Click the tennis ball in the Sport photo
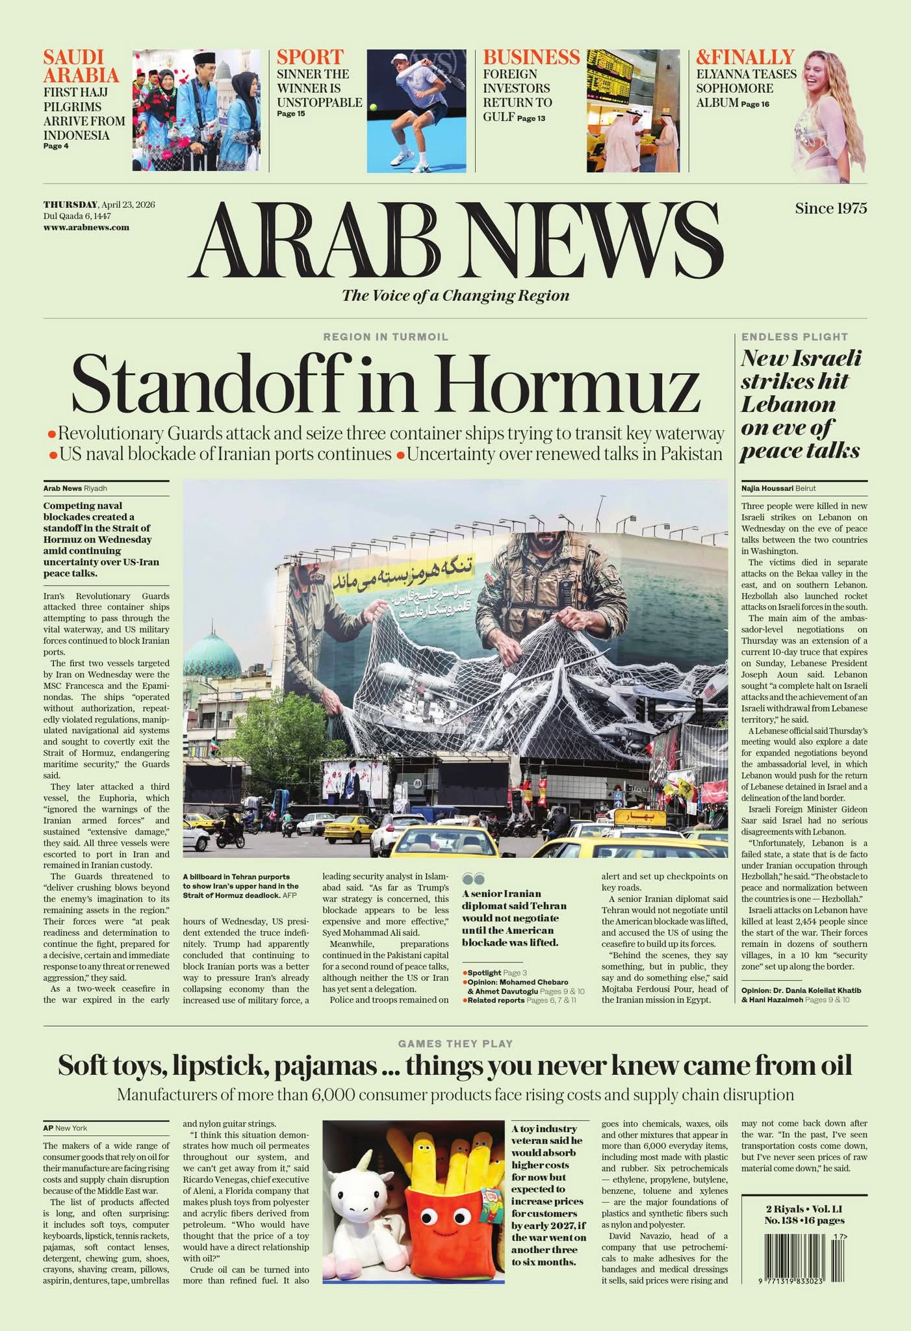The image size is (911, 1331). (x=374, y=108)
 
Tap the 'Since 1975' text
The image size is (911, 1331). (x=830, y=209)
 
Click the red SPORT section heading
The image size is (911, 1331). (x=310, y=57)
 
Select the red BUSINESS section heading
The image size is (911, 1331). (x=531, y=57)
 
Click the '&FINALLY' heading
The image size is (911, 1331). (x=745, y=57)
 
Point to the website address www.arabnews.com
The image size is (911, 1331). (x=86, y=227)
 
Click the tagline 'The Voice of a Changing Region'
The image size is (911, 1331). (x=455, y=296)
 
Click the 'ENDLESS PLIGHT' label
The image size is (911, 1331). (x=794, y=337)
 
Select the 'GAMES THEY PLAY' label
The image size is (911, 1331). (x=455, y=1044)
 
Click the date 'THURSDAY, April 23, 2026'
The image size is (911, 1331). (x=99, y=205)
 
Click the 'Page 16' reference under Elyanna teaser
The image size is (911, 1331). (x=755, y=104)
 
